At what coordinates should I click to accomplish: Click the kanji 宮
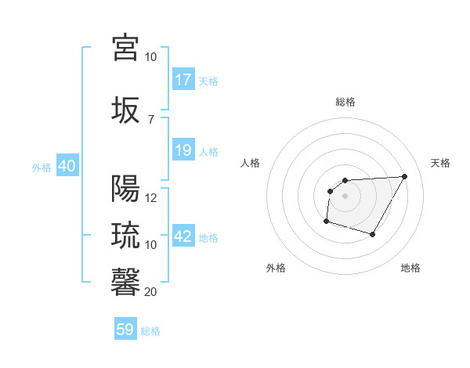tap(125, 48)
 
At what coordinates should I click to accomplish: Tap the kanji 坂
tap(125, 109)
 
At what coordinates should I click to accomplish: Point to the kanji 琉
tap(125, 235)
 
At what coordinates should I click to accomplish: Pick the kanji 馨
tap(125, 281)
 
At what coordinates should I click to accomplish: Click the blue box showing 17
tap(183, 80)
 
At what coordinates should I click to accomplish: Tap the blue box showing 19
tap(183, 150)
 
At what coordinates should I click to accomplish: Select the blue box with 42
tap(183, 237)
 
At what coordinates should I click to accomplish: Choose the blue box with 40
tap(67, 167)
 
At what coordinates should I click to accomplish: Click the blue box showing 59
tap(125, 330)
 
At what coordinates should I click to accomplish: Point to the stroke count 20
tap(151, 292)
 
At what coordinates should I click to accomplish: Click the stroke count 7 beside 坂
tap(150, 119)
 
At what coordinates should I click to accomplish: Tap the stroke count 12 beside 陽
tap(151, 198)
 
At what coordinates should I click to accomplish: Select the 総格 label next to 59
tap(150, 331)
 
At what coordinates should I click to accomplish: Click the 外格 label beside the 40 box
tap(41, 168)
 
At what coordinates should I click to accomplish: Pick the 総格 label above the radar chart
tap(345, 102)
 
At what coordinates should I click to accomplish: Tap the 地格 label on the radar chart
tap(410, 268)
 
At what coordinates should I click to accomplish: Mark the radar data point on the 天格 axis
tap(404, 176)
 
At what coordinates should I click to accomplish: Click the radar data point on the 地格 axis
tap(373, 234)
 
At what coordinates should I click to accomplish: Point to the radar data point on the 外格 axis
tap(326, 222)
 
